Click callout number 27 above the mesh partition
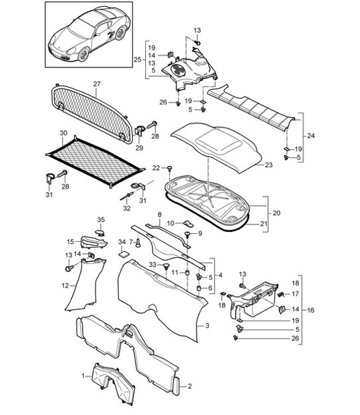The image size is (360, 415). [x=96, y=84]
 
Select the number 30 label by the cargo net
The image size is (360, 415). [x=63, y=133]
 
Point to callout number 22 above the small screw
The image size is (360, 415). [x=156, y=167]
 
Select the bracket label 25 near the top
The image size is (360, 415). [x=137, y=60]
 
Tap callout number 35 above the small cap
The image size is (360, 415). [x=101, y=219]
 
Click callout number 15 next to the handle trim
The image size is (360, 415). [x=70, y=243]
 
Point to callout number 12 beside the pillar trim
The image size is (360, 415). [x=65, y=285]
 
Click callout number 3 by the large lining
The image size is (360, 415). [x=207, y=326]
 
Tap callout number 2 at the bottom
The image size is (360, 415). [x=189, y=386]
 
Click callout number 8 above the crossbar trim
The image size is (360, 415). [x=159, y=215]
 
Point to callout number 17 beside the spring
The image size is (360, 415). [x=295, y=295]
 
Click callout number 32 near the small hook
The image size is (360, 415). [x=126, y=207]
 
